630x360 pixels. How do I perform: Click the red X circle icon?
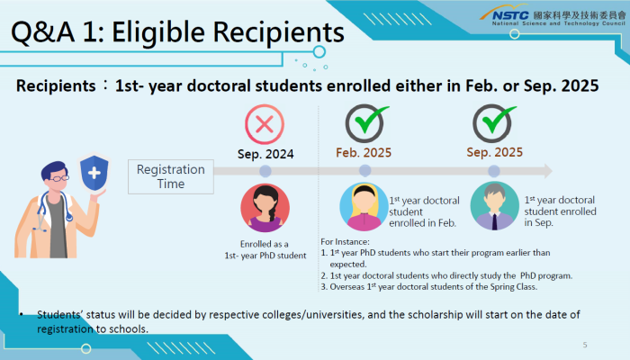[x=265, y=124]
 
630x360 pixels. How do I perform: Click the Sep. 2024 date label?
[x=265, y=154]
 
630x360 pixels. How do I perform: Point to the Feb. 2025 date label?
[x=364, y=153]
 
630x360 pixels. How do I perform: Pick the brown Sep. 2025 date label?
[x=495, y=152]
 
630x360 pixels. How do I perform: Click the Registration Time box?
[x=171, y=176]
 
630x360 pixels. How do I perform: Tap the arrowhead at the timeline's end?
[x=548, y=171]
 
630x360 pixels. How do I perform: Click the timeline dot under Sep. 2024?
[x=265, y=171]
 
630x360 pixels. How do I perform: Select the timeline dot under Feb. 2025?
[x=364, y=171]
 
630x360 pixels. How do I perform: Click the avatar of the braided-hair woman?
[x=265, y=208]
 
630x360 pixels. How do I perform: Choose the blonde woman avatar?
[x=364, y=206]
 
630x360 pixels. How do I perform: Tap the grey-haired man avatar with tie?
[x=495, y=206]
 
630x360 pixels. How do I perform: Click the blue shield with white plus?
[x=94, y=173]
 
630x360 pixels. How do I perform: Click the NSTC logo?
[x=553, y=16]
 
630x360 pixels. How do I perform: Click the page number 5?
[x=585, y=345]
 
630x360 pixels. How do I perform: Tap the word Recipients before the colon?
[x=56, y=86]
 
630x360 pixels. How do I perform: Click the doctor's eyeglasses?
[x=58, y=177]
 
